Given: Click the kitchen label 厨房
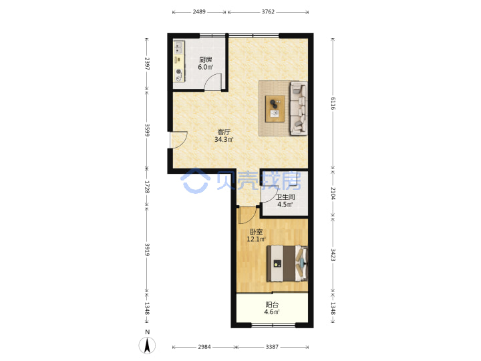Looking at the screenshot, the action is coord(206,59).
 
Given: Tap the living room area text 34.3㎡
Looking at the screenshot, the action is coord(224,140).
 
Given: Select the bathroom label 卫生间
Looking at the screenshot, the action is coord(285,197).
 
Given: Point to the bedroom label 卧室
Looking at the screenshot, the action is coord(256,232).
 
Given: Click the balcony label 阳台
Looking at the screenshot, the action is coord(272,305).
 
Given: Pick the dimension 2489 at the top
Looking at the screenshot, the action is coord(199,12).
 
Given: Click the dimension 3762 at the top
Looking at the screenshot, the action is coord(268,12).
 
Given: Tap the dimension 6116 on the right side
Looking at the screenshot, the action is coord(333,104).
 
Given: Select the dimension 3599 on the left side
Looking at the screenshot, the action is coord(147,130).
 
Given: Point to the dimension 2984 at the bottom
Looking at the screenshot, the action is coord(204,347).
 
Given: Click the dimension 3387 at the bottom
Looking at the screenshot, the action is coord(272,347).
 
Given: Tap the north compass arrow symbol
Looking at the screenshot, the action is coord(147,345).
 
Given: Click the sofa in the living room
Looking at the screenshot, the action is coord(299,108).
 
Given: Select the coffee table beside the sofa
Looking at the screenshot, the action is coord(275,109).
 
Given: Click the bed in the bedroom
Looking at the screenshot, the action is coord(287,263).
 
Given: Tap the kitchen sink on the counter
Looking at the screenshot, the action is coord(178,47).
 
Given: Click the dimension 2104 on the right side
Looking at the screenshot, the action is coord(333,193).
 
